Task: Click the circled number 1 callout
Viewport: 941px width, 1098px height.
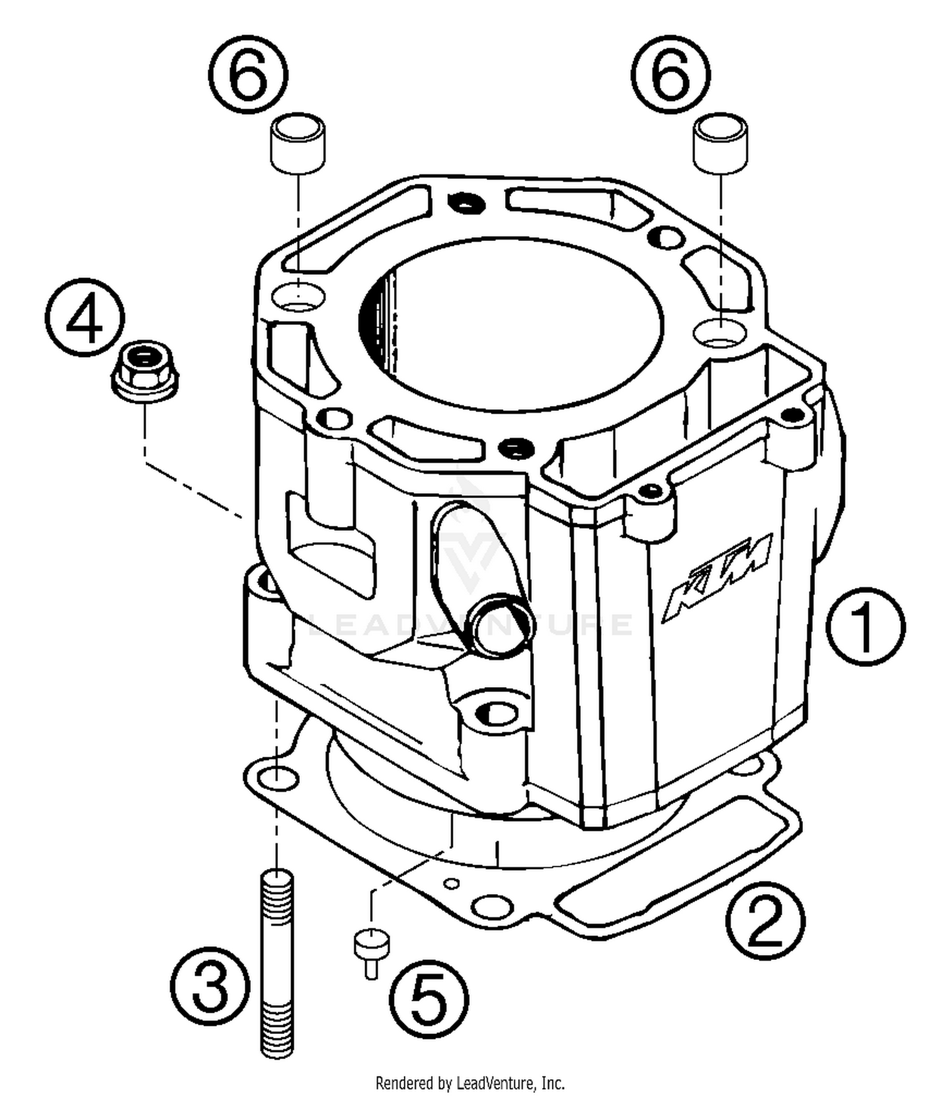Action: click(864, 626)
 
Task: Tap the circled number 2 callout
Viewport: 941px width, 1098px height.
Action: click(765, 920)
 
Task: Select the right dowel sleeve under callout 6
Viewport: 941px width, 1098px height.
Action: click(721, 142)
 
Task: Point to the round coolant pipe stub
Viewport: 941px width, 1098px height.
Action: click(502, 622)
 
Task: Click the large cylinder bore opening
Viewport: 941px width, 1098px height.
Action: click(511, 323)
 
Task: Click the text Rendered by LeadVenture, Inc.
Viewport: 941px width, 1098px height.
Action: click(470, 1083)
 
